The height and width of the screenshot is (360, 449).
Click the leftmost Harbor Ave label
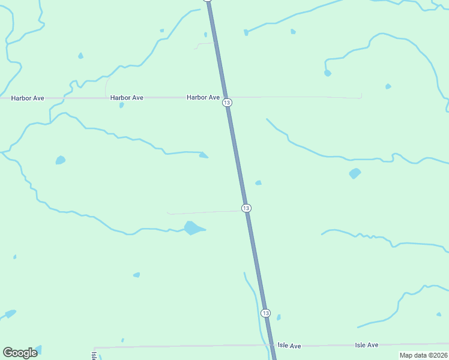point(28,97)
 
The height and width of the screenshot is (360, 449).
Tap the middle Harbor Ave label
point(127,97)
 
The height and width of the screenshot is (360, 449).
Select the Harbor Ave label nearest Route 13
point(203,97)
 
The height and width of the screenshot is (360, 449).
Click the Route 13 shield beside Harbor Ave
point(226,103)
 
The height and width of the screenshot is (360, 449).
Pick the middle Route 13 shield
point(246,208)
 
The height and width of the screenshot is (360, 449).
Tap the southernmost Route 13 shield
point(265,313)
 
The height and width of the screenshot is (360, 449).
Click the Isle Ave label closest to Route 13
point(289,346)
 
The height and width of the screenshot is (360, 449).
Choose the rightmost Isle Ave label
point(366,345)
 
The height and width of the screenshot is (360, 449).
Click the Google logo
point(20,353)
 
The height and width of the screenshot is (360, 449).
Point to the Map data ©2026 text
point(423,355)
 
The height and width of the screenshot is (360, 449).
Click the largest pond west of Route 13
point(193,228)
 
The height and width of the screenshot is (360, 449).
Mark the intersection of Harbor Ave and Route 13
point(225,97)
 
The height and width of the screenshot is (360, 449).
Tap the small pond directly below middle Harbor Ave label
point(121,105)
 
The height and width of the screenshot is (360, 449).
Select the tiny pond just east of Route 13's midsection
point(258,182)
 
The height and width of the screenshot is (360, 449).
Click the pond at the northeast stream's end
point(327,73)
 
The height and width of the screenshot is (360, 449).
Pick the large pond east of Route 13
point(355,173)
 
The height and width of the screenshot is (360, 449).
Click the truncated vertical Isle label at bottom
point(94,355)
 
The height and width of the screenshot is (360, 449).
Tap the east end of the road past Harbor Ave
point(361,97)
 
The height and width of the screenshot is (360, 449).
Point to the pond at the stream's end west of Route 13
point(203,155)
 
